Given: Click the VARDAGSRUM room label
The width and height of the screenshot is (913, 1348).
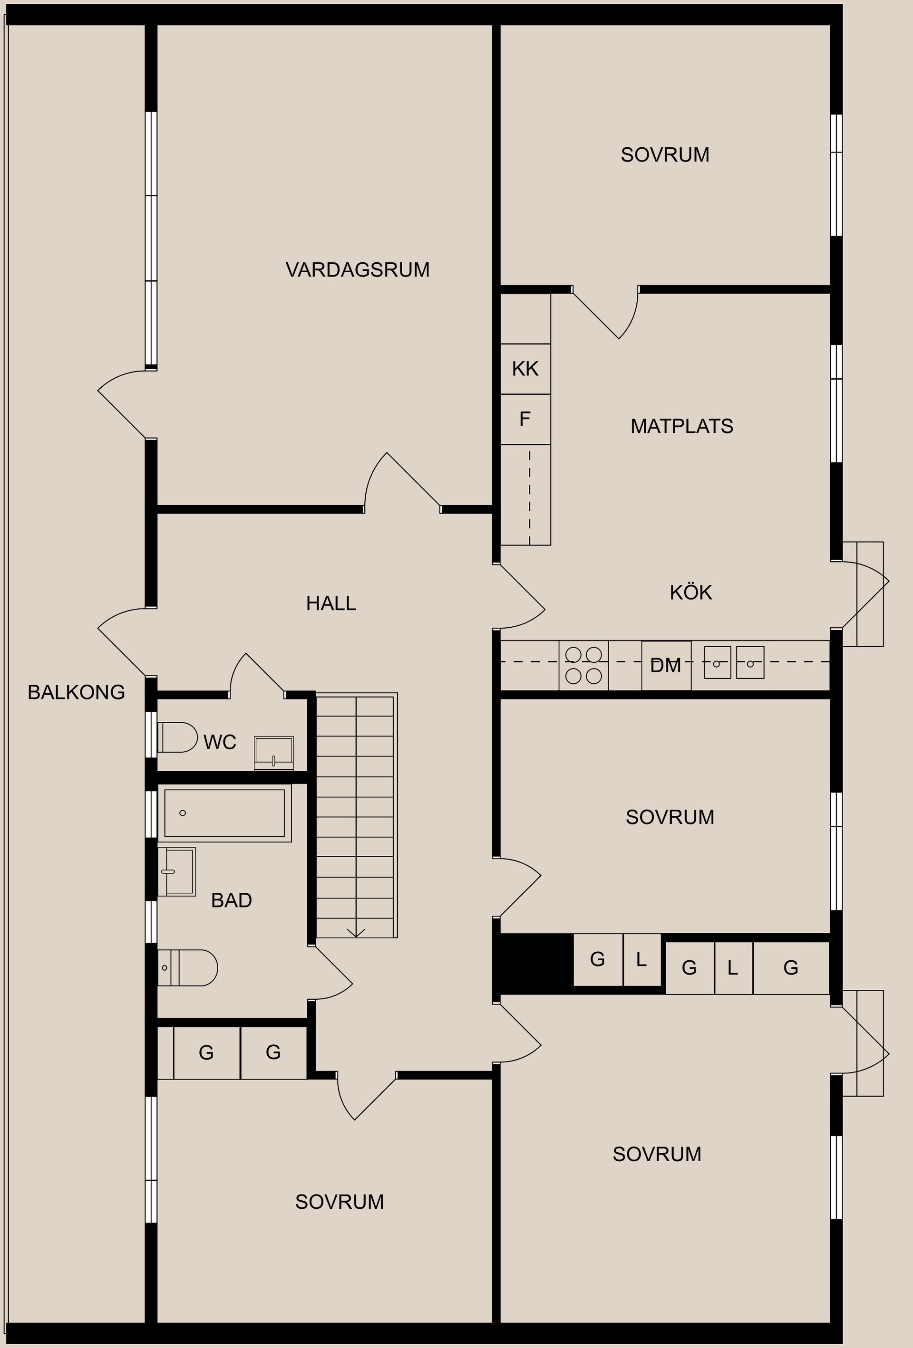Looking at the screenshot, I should click(x=357, y=270).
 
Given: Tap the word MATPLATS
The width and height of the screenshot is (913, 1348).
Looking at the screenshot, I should click(x=681, y=426).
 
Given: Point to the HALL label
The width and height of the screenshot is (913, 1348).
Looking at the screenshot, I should click(x=331, y=603).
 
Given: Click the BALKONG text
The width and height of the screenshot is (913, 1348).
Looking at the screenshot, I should click(x=76, y=692).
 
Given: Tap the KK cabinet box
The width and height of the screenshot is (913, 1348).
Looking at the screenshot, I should click(x=525, y=369).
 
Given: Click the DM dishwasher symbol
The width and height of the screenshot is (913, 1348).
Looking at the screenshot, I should click(x=666, y=665).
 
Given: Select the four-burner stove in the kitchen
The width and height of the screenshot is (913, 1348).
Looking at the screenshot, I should click(x=583, y=665).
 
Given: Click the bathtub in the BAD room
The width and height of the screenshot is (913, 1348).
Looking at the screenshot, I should click(x=224, y=813).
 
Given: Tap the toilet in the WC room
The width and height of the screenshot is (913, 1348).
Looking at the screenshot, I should click(x=177, y=737).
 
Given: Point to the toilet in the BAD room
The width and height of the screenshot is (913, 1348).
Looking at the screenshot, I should click(x=187, y=967).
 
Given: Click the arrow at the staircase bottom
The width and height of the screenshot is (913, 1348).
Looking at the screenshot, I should click(x=356, y=932).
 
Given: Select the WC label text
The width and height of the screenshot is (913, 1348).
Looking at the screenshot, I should click(x=219, y=742).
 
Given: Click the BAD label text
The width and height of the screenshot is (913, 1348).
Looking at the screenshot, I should click(x=231, y=900).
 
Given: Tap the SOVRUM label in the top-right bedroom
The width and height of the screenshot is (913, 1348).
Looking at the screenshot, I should click(x=665, y=155).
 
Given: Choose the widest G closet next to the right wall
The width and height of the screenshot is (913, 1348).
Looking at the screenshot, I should click(x=790, y=967).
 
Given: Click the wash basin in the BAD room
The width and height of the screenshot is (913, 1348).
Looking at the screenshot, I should click(x=177, y=871).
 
